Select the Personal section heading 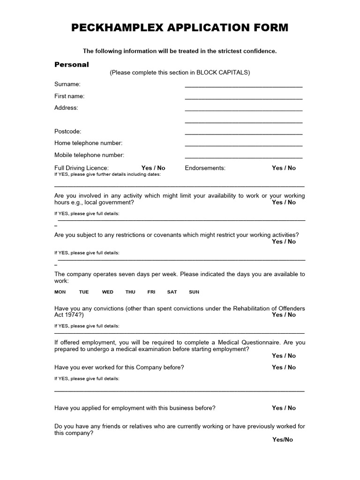coord(71,65)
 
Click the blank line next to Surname coord(243,86)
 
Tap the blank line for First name coord(243,97)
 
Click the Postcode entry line coord(243,133)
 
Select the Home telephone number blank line coord(243,145)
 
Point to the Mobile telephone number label coord(89,155)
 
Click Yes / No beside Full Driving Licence coord(153,168)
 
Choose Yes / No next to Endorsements coord(284,168)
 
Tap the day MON coord(60,292)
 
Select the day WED coord(107,292)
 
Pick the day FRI coord(151,292)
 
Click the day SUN coord(194,292)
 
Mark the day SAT coord(172,292)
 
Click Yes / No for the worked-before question coord(284,367)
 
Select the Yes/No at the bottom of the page coord(282,440)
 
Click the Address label coord(66,108)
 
